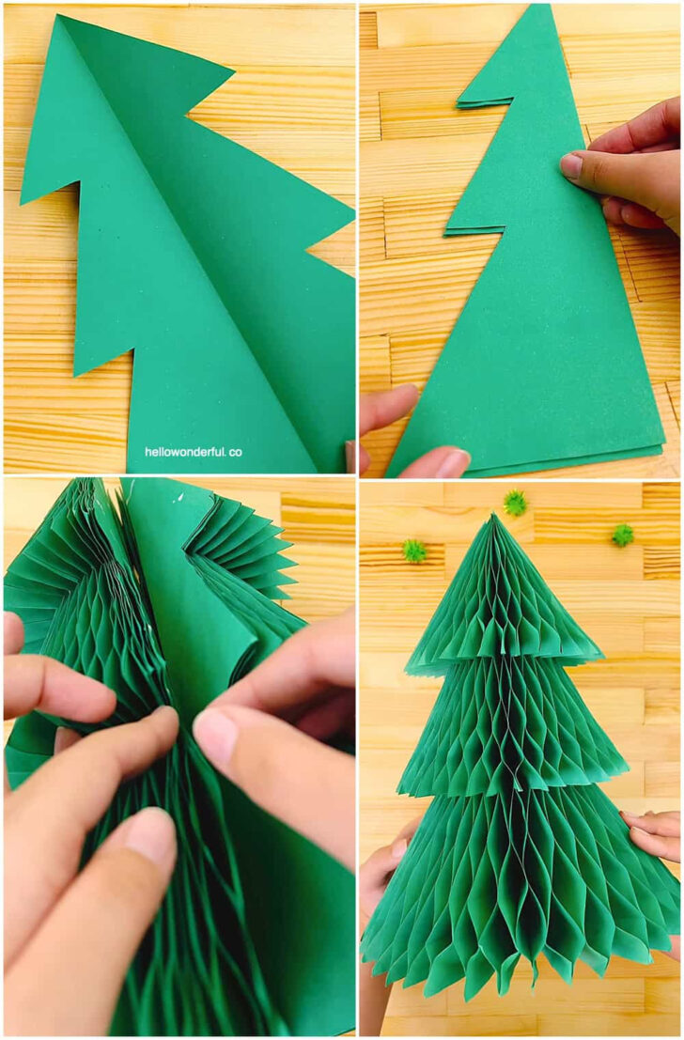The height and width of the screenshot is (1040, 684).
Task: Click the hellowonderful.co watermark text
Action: click(x=193, y=452)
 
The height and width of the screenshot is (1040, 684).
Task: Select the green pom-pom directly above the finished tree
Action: click(x=514, y=503)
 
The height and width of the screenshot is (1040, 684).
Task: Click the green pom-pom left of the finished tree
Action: click(x=414, y=551)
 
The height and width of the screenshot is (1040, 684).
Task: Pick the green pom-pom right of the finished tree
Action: click(x=622, y=536)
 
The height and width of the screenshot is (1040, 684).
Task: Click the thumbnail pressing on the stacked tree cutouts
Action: click(x=571, y=166)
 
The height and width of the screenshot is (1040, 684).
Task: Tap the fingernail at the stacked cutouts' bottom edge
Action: click(x=453, y=462)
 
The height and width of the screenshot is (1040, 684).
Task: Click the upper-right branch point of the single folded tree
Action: click(x=231, y=70)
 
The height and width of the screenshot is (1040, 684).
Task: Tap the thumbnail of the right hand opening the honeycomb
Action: click(x=215, y=736)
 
